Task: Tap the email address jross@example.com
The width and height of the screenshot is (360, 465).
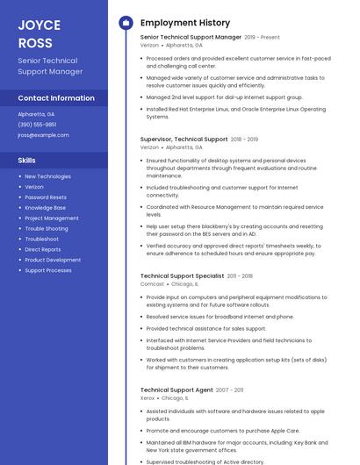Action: tap(43, 135)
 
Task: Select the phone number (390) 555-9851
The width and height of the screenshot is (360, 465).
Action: tap(37, 125)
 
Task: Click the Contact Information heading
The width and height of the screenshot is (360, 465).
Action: tap(56, 98)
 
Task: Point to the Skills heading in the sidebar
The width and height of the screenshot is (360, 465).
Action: tap(27, 161)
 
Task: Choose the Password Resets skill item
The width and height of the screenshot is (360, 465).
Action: tap(46, 197)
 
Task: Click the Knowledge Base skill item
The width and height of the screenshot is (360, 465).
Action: tap(45, 208)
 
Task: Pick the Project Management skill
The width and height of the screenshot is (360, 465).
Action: tap(52, 218)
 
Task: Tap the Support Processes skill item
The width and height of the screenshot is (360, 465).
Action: tap(48, 270)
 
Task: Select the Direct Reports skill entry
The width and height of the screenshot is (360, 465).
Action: tap(43, 249)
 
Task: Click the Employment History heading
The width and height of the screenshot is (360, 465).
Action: tap(185, 23)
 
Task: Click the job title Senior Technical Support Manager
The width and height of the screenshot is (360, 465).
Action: tap(191, 38)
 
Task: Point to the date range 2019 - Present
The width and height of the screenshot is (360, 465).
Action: tap(263, 38)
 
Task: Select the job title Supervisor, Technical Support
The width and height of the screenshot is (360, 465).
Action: tap(184, 139)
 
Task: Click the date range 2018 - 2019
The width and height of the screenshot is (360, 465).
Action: tap(244, 139)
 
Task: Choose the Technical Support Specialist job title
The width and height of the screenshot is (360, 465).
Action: tap(182, 275)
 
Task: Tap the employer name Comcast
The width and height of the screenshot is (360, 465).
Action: tap(152, 284)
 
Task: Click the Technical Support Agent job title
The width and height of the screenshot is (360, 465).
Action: tap(176, 390)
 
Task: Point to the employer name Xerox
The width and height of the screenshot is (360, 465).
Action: tap(148, 398)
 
